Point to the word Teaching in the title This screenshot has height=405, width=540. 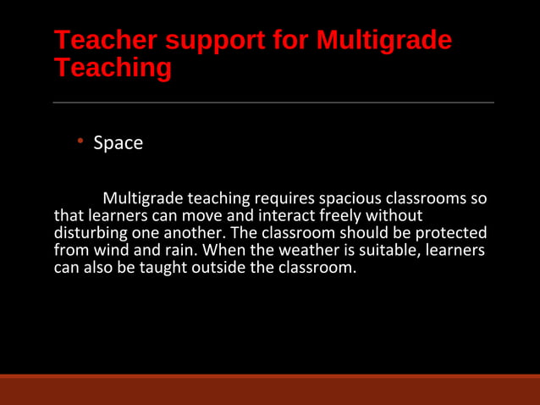point(112,67)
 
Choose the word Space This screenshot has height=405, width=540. point(118,143)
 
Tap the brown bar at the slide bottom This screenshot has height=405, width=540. point(270,390)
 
